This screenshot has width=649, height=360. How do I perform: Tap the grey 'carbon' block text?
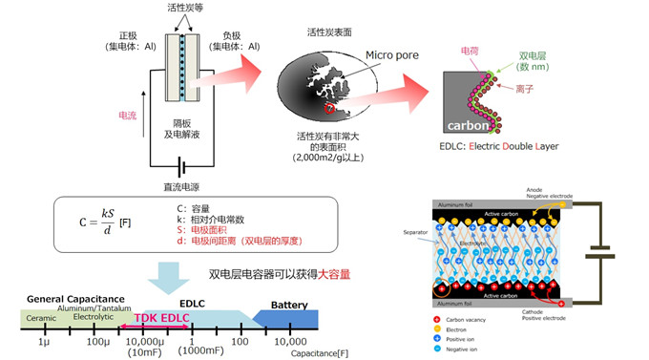point(470,125)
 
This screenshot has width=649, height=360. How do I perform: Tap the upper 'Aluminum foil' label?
point(457,204)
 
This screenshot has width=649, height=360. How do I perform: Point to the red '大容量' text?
point(332,274)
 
